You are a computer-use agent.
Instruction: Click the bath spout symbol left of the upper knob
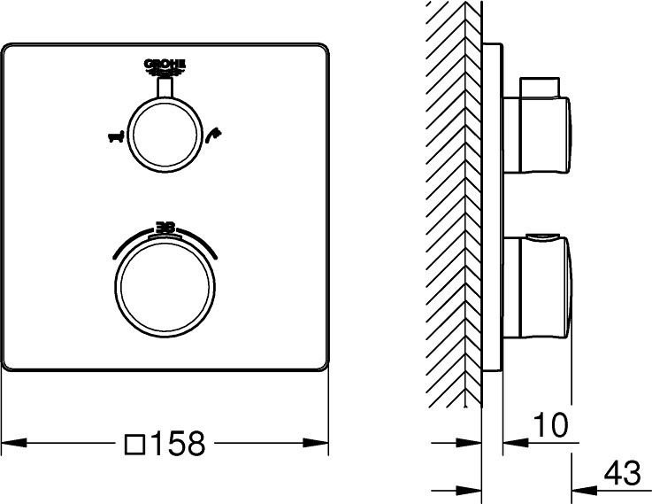tap(112, 136)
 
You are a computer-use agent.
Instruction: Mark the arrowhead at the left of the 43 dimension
tap(580, 488)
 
